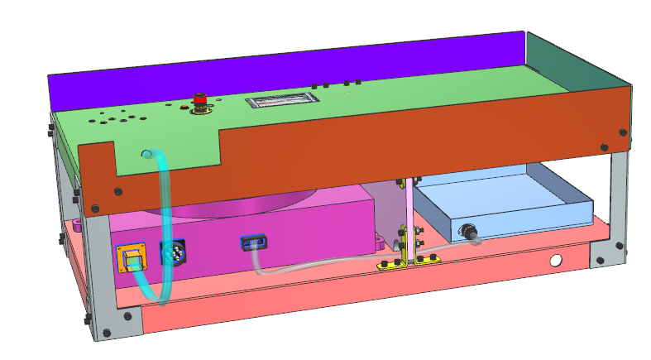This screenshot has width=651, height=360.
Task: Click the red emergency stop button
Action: click(x=199, y=101)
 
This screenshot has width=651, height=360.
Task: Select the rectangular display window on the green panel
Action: click(x=282, y=101)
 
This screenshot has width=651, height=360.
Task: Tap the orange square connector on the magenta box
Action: click(x=131, y=258)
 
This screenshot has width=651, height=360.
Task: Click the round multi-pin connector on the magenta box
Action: click(x=168, y=254)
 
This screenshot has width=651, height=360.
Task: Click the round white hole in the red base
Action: click(x=557, y=261)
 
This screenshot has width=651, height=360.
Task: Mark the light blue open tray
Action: click(x=505, y=203)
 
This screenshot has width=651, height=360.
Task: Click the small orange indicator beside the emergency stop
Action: click(x=183, y=106)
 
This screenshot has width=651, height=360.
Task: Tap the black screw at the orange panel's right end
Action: click(x=623, y=130)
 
